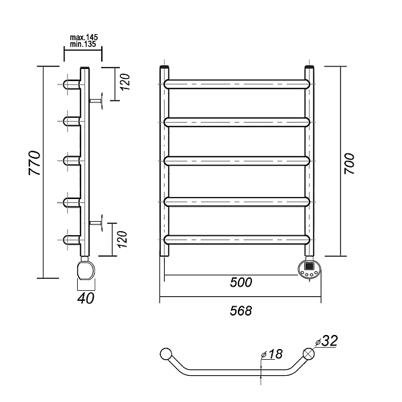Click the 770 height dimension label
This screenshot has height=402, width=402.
coord(35,163)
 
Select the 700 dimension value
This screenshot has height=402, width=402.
coord(349,164)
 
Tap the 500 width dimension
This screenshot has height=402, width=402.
coord(241,282)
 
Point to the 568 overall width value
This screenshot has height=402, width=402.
coord(241,311)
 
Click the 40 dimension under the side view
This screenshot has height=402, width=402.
coord(86,298)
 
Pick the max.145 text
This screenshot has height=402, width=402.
coord(84,38)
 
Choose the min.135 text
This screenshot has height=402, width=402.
coord(83,44)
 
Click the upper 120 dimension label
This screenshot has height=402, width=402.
coord(125,82)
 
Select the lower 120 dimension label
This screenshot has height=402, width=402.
coord(123,239)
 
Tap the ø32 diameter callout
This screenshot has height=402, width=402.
coord(326,341)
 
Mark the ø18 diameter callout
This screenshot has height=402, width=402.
coord(272,354)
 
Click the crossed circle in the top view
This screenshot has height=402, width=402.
coord(309,354)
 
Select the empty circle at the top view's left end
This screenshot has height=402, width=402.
coord(166,354)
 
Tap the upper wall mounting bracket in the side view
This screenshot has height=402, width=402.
coord(96,101)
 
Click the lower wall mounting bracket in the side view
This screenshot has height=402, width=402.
coord(96,223)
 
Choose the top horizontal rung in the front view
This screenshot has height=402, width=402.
coord(237,84)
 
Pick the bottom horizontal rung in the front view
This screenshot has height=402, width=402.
coord(237,239)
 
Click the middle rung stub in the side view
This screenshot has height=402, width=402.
coord(72,161)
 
